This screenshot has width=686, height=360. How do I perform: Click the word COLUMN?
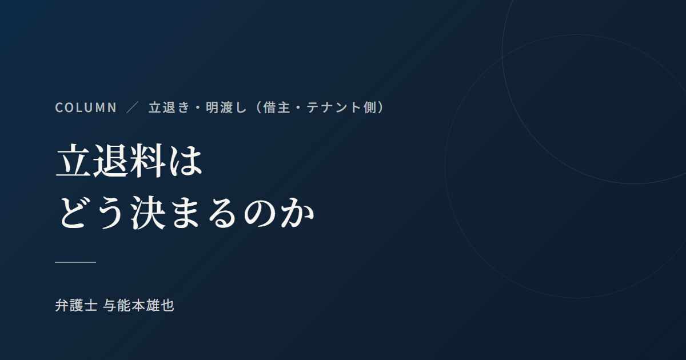click(x=86, y=107)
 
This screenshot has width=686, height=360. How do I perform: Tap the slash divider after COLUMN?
click(x=133, y=107)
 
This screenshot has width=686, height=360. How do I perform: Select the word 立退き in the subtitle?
click(x=169, y=107)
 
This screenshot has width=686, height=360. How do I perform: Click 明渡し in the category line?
click(x=226, y=107)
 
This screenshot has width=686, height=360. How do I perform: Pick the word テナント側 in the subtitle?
click(x=341, y=107)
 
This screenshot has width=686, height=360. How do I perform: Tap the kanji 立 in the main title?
click(x=74, y=161)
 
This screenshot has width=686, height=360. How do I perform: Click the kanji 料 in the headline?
click(x=147, y=161)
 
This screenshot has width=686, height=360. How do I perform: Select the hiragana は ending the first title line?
click(x=185, y=161)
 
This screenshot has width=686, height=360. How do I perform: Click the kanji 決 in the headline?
click(x=148, y=213)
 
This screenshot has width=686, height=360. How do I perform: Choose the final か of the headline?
click(x=297, y=213)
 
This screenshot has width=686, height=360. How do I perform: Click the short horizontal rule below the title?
click(x=75, y=262)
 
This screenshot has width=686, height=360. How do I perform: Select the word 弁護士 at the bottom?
click(x=76, y=306)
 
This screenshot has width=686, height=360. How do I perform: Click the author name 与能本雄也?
click(x=139, y=306)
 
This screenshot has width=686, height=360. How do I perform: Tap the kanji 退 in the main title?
click(x=110, y=161)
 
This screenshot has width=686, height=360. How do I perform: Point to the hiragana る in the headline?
click(x=222, y=213)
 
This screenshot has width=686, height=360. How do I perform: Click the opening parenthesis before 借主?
click(x=259, y=107)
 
